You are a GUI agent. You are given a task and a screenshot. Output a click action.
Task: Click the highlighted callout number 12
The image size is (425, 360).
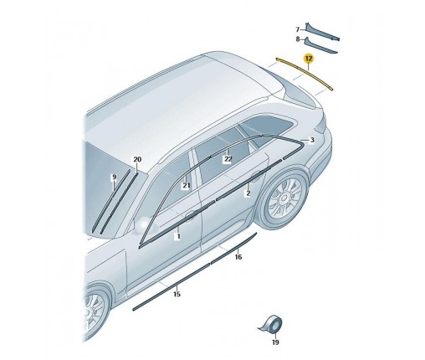click(309, 59)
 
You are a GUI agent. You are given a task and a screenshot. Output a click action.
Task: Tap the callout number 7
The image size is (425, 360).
click(298, 29)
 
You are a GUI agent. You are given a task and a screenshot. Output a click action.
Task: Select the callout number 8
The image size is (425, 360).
click(298, 39)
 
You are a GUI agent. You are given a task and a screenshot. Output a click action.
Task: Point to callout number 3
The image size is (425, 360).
click(312, 140)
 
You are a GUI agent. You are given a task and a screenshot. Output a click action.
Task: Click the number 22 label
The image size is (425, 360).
click(228, 159)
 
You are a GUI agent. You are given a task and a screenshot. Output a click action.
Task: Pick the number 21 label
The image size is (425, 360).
click(186, 186)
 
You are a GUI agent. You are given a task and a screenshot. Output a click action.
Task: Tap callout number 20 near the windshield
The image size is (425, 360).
click(137, 160)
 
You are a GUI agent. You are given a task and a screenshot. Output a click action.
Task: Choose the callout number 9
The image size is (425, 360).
click(114, 177)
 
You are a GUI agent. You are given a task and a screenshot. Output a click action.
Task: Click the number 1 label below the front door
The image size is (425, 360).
click(178, 236)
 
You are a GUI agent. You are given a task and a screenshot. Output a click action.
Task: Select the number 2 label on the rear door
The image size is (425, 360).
click(248, 193)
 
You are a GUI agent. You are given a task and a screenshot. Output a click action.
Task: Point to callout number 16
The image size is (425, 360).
click(238, 257)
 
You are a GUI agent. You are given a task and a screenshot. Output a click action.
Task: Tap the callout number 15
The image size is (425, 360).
click(177, 294)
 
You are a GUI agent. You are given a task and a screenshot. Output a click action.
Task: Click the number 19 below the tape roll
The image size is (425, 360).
click(275, 342)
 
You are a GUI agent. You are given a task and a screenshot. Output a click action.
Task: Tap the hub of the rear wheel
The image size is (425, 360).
click(284, 198)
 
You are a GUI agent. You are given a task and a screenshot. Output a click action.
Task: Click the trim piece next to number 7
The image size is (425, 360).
click(321, 33)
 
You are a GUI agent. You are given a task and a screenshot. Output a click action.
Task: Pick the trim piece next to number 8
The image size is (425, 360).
click(320, 46)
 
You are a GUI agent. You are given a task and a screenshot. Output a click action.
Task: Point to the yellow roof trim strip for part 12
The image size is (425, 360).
click(305, 74)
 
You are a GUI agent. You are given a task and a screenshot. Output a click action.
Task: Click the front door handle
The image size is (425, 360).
click(190, 215)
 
